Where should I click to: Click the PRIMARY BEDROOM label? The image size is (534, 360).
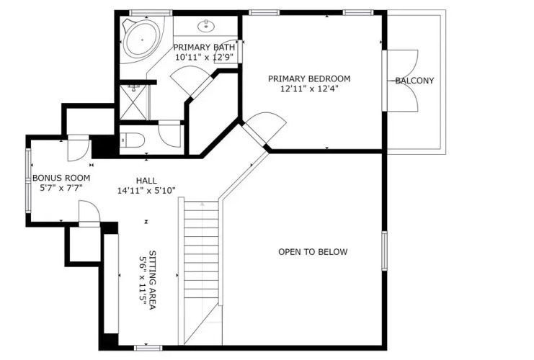click(309, 79)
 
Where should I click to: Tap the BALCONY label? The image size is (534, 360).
click(414, 81)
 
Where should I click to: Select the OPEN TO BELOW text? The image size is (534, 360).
click(313, 252)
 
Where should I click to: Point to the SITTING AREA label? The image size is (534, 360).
click(153, 280)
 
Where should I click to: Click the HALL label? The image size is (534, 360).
click(146, 181)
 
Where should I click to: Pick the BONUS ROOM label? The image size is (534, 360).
click(61, 178)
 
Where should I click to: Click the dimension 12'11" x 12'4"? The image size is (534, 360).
click(309, 89)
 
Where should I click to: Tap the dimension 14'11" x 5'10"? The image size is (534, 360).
click(146, 191)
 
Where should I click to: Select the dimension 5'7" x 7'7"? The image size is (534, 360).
click(61, 188)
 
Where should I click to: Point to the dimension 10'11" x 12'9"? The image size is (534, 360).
click(204, 57)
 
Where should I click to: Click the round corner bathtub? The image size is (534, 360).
click(142, 40)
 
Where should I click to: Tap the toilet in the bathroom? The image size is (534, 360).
click(133, 140)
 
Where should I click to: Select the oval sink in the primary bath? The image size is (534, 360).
click(206, 25)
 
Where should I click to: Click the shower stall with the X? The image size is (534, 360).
click(134, 102)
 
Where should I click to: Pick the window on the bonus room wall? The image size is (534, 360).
click(29, 181)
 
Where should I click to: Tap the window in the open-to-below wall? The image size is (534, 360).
click(384, 251)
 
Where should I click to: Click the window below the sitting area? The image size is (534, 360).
click(148, 348)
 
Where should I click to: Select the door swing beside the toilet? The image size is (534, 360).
click(169, 134)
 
